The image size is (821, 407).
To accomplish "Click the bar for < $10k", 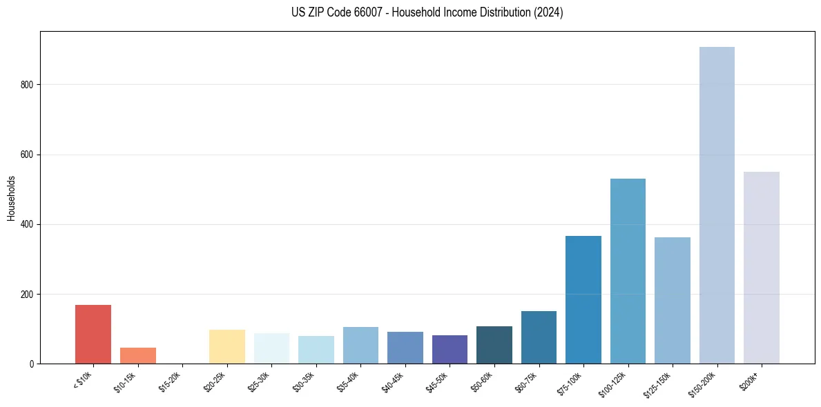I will tap(93, 335).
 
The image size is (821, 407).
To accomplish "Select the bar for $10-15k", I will tap(138, 356).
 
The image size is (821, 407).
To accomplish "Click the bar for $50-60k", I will tap(494, 345).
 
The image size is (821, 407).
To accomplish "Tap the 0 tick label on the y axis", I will tap(32, 364).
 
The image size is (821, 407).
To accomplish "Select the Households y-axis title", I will tap(11, 197).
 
